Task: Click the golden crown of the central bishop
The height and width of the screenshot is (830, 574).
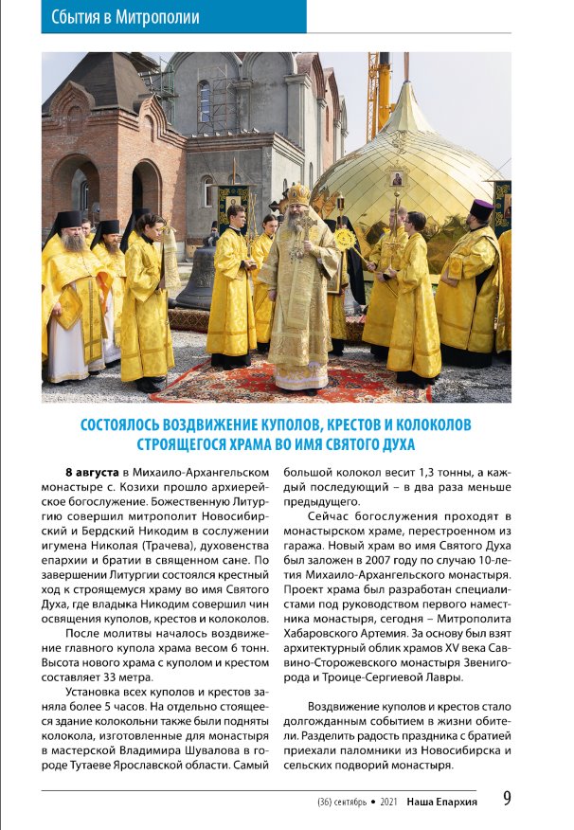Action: [x=300, y=194]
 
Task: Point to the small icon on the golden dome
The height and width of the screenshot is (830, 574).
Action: [x=398, y=177]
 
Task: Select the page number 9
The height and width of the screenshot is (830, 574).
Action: [x=507, y=799]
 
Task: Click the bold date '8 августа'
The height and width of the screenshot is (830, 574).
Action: [x=92, y=472]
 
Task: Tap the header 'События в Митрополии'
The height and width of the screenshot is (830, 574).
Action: [x=119, y=16]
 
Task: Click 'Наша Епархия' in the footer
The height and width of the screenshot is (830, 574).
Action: [x=441, y=802]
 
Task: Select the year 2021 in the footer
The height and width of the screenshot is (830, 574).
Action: [x=388, y=802]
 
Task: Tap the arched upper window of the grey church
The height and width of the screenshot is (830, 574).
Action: [x=204, y=100]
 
